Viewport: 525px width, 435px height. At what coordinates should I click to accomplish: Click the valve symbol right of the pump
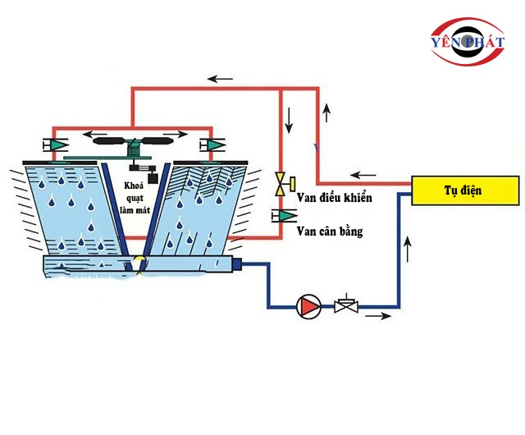pos(345,306)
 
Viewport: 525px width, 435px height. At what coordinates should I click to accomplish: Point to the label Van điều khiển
pos(334,199)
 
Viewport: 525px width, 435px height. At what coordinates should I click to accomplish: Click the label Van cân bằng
pos(330,231)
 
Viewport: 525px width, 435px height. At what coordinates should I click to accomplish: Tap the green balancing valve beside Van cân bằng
pos(285,216)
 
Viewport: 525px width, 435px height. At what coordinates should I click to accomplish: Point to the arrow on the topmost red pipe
pos(220,79)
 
